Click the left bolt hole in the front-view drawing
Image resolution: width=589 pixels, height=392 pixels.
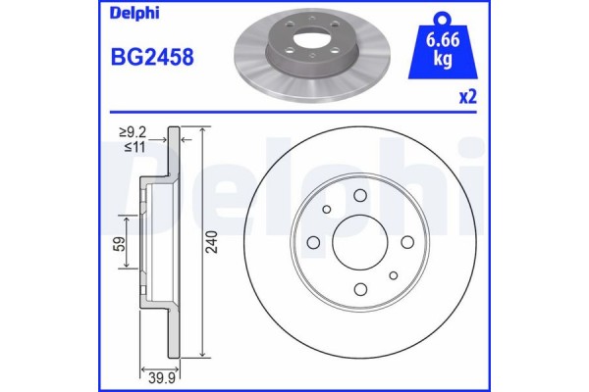coord(313,243)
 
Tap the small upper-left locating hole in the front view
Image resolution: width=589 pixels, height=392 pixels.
coord(325,211)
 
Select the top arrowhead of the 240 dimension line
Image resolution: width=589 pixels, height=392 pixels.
coord(202,131)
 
